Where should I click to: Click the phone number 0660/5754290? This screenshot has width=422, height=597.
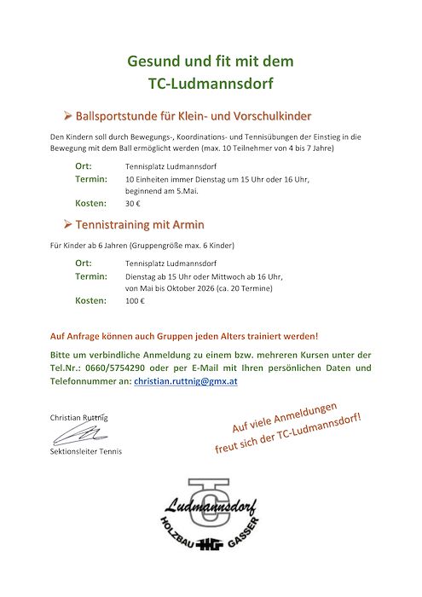click(x=105, y=368)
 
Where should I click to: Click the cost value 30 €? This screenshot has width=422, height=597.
click(x=132, y=204)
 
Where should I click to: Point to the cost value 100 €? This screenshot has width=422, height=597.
click(x=135, y=301)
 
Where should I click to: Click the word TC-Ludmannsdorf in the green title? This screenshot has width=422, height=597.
click(x=210, y=84)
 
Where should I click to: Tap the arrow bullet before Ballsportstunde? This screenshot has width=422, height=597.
click(x=68, y=115)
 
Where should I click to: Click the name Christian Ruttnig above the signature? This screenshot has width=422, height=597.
click(x=79, y=417)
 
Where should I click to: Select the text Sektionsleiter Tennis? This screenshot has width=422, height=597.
click(x=85, y=451)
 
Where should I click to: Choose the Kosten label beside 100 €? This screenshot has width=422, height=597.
click(x=90, y=301)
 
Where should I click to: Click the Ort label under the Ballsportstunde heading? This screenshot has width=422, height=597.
click(x=83, y=165)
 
